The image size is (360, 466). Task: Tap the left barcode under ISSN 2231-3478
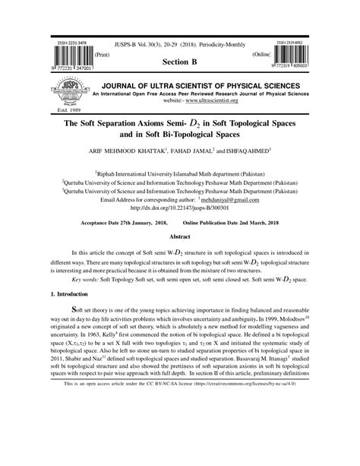point(68,58)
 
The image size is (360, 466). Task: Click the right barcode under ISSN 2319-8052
point(292,57)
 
